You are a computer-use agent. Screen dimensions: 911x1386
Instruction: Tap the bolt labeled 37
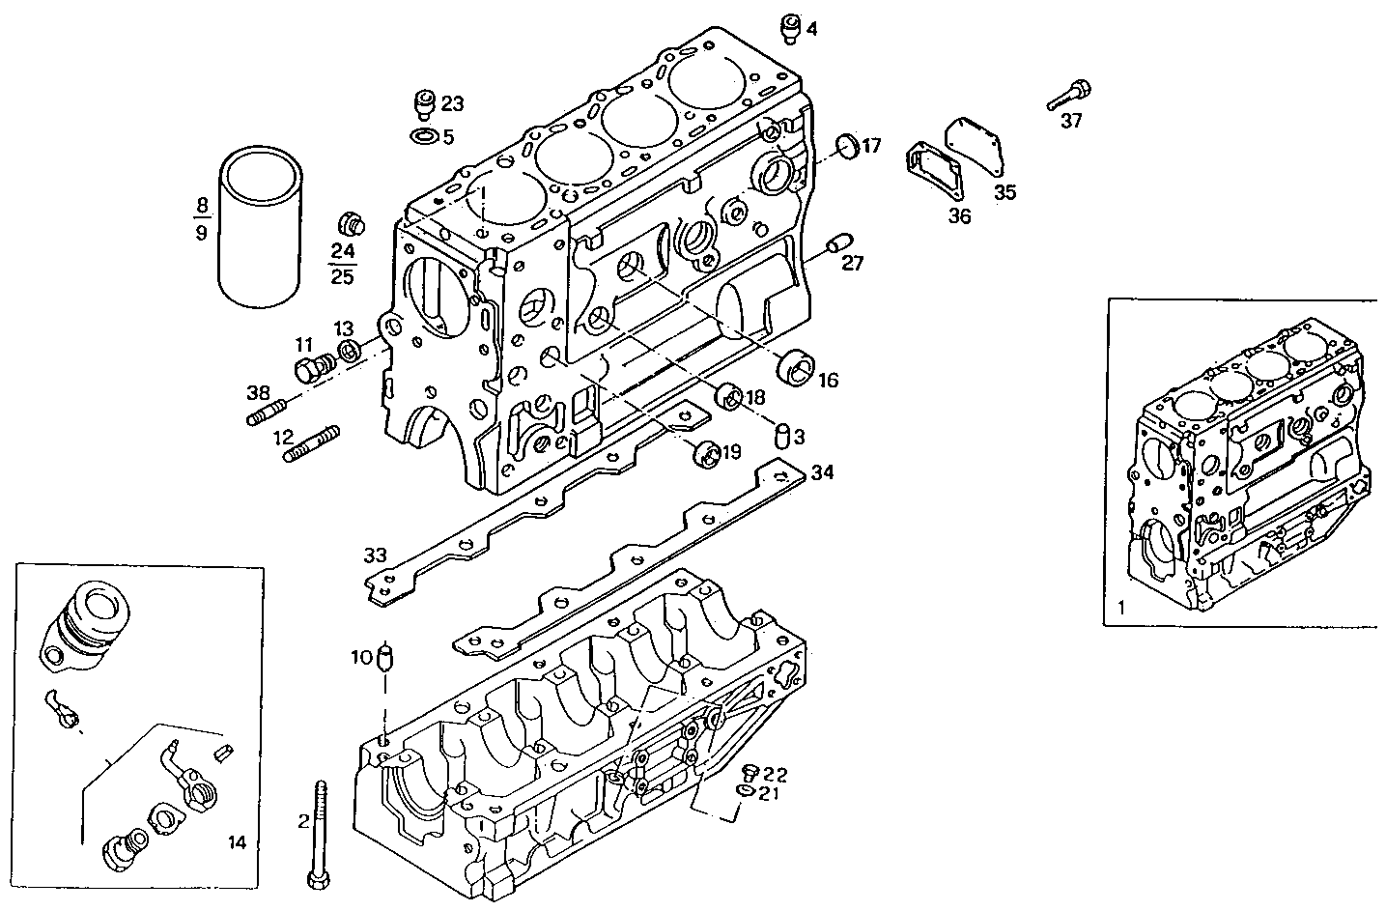1069,96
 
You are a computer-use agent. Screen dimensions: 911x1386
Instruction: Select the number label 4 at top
812,30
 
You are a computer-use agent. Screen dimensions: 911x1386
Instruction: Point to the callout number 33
375,555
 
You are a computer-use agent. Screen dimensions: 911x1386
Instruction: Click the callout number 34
821,472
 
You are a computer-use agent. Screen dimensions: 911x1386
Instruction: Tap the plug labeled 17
847,146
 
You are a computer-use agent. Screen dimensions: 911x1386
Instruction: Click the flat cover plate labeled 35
973,147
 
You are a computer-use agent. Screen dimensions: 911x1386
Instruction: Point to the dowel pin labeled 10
387,660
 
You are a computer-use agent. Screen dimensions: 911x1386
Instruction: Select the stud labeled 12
311,443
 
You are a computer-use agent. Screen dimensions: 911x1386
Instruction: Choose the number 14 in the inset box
237,842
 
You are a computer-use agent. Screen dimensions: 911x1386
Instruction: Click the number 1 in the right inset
1120,609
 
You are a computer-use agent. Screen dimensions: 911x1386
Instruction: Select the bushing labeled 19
708,454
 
